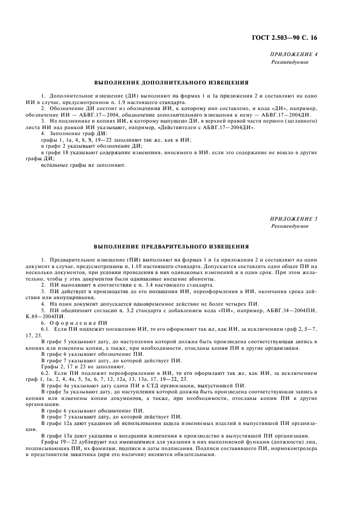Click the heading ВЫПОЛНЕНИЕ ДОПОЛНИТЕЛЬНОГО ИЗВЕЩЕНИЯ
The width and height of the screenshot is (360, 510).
[x=172, y=83]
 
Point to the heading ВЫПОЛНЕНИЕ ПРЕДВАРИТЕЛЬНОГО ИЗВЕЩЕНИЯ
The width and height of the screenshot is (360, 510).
[x=172, y=246]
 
